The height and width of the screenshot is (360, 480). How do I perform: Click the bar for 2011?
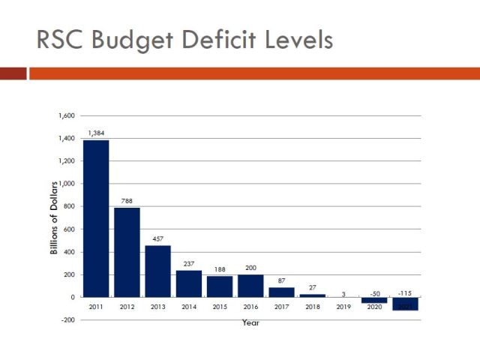(x=96, y=218)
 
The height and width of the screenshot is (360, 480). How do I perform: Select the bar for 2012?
(x=127, y=252)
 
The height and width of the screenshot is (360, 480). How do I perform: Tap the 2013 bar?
(x=157, y=271)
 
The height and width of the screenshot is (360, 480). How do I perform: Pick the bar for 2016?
(x=250, y=286)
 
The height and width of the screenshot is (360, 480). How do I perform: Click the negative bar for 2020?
(x=374, y=300)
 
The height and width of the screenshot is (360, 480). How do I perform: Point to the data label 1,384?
(x=96, y=133)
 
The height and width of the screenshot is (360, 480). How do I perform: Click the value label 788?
(x=127, y=201)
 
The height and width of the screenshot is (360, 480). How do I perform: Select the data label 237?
(x=189, y=264)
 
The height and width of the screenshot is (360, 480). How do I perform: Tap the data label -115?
(x=405, y=283)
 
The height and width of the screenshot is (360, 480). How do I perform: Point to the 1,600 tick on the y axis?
(x=67, y=116)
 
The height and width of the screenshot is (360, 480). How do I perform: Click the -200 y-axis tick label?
(x=68, y=320)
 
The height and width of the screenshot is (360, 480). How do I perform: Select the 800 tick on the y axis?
(x=70, y=207)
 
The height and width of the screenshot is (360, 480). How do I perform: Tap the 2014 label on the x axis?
(x=189, y=307)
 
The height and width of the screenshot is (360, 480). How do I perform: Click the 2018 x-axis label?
(x=313, y=307)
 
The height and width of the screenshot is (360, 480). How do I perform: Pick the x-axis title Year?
(x=250, y=322)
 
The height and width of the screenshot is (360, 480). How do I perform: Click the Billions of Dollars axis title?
(x=54, y=217)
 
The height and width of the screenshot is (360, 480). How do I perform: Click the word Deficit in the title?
(x=214, y=39)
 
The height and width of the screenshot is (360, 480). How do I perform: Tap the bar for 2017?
(x=281, y=292)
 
